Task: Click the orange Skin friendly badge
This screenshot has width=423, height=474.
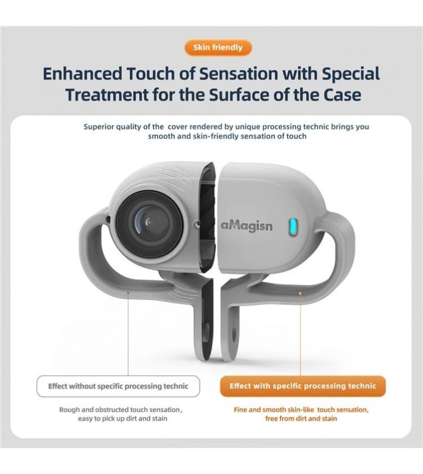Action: click(x=218, y=48)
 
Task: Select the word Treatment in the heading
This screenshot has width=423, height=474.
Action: click(x=107, y=95)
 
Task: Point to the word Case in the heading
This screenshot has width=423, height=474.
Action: click(x=342, y=95)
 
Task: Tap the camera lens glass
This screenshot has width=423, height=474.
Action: click(x=149, y=224)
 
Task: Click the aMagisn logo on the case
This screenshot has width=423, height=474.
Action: click(x=247, y=226)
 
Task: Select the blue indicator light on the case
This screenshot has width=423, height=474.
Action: click(x=292, y=227)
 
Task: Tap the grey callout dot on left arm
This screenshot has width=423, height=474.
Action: click(x=128, y=293)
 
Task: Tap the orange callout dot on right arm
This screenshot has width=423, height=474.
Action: click(x=300, y=293)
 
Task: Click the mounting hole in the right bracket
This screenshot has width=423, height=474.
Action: click(x=234, y=333)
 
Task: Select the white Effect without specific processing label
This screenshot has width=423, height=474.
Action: click(x=118, y=386)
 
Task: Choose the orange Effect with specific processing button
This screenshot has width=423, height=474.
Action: click(x=303, y=386)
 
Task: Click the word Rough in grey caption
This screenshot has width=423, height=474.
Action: click(x=69, y=410)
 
